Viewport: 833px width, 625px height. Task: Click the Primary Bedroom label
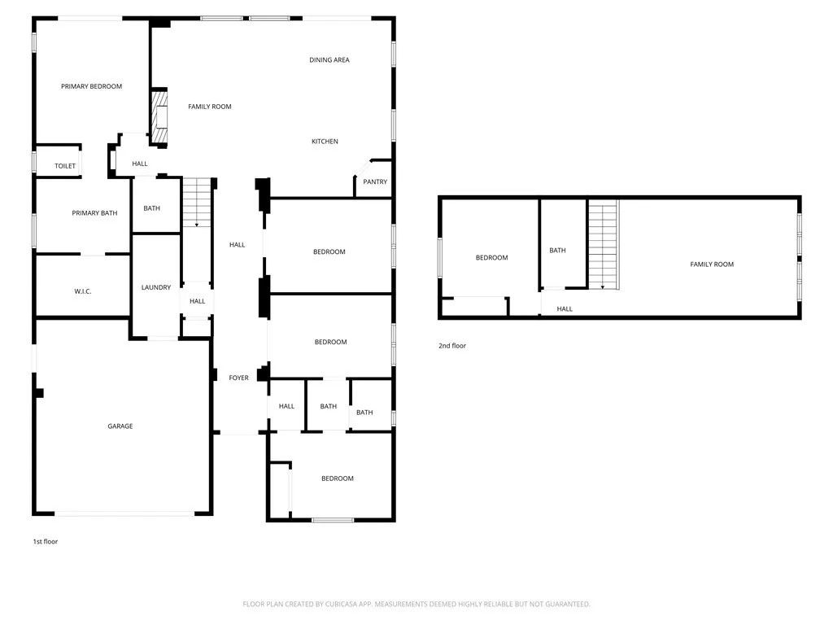[91, 86]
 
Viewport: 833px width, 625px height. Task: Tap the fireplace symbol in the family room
[160, 116]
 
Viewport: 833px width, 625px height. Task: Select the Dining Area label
[329, 59]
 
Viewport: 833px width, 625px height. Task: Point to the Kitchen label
[325, 142]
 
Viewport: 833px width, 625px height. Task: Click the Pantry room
[375, 182]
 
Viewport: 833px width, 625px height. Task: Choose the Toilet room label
[65, 166]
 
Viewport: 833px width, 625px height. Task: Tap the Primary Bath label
[94, 213]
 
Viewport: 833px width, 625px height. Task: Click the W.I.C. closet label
[82, 291]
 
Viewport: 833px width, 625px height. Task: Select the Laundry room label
[155, 287]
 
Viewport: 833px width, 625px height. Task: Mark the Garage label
[120, 426]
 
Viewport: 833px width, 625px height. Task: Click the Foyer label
[238, 378]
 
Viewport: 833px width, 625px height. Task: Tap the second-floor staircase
[603, 244]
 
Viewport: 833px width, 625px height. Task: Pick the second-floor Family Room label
[712, 264]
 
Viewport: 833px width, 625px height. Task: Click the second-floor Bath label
[557, 251]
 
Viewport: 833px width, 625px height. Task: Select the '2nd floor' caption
[452, 346]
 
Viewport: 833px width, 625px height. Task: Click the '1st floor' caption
[46, 541]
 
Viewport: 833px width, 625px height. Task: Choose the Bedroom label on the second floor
[491, 258]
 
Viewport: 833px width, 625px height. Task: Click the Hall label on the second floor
[565, 309]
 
